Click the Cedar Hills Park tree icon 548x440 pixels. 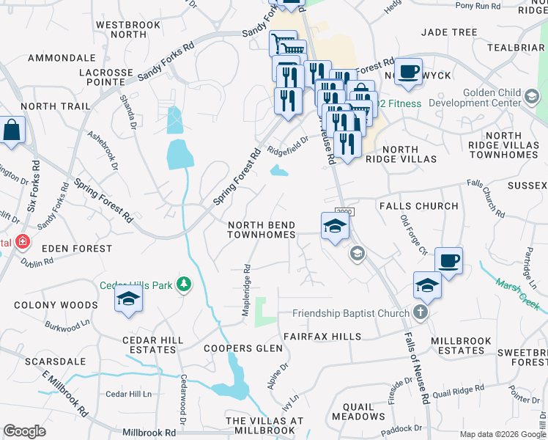point(185,284)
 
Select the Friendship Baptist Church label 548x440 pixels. point(351,314)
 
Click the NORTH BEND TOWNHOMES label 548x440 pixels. point(262,230)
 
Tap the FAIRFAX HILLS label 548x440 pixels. point(322,337)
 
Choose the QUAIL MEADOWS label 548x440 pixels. point(358,411)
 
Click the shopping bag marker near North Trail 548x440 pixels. point(13,130)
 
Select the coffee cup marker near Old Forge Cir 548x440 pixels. point(448,260)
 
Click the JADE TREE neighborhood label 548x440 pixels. point(449,32)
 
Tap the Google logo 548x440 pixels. point(25,431)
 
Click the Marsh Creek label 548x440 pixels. point(517,291)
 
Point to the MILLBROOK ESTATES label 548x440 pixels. point(467,345)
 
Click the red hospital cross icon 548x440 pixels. point(23,241)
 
